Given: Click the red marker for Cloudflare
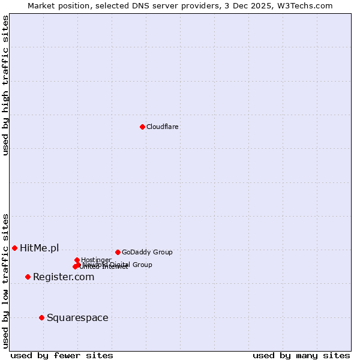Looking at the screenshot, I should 142,127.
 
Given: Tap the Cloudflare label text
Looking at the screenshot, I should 163,127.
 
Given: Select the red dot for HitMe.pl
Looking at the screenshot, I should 14,248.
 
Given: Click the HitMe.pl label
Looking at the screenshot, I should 40,248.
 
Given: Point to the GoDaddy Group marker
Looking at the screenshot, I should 118,252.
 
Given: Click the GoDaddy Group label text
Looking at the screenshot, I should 147,253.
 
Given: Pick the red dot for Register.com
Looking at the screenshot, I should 28,277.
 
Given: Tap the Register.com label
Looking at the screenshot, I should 64,277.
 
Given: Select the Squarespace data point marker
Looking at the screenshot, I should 41,317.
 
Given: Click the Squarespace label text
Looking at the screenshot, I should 77,318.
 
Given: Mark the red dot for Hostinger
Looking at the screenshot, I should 77,260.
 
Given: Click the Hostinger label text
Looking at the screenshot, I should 96,260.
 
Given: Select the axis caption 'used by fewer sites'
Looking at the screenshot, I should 62,356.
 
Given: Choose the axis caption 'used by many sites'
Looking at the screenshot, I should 301,356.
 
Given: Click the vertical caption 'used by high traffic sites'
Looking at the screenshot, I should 5,86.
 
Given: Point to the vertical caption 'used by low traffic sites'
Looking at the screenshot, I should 5,281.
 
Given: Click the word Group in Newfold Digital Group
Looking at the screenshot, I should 142,265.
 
